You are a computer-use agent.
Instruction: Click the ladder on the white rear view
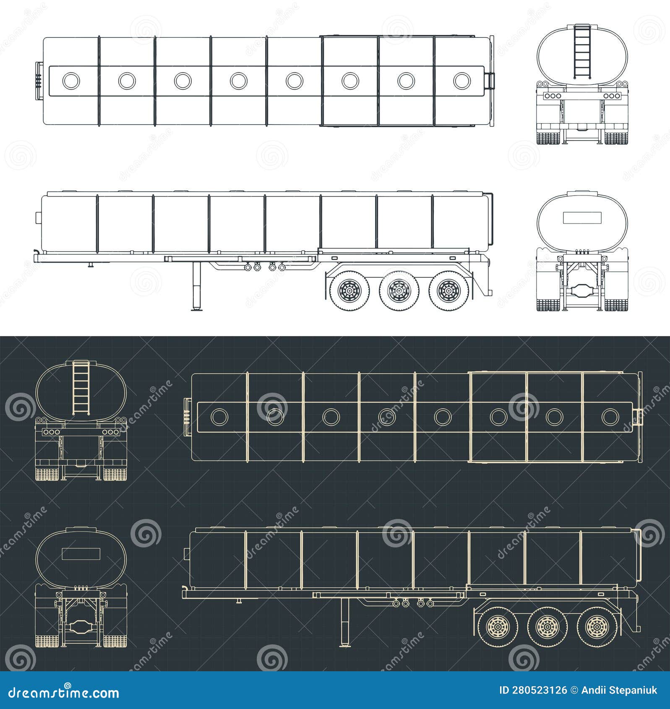coord(582,52)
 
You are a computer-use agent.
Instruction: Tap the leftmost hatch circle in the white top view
coord(71,81)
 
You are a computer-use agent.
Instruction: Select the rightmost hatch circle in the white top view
coord(462,81)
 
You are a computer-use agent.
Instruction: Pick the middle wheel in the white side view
coord(399,290)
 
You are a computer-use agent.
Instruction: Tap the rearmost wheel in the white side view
coord(448,290)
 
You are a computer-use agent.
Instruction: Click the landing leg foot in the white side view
coord(196,310)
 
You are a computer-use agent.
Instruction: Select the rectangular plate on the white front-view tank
coord(582,218)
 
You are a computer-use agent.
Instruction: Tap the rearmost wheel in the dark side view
coord(597,627)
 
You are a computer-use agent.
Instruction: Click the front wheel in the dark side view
coord(498,627)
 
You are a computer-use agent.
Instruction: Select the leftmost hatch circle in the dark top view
coord(219,417)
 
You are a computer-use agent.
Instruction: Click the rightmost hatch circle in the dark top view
coord(610,417)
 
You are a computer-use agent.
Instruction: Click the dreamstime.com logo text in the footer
coord(64,693)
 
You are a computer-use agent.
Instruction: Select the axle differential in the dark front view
coord(81,627)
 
